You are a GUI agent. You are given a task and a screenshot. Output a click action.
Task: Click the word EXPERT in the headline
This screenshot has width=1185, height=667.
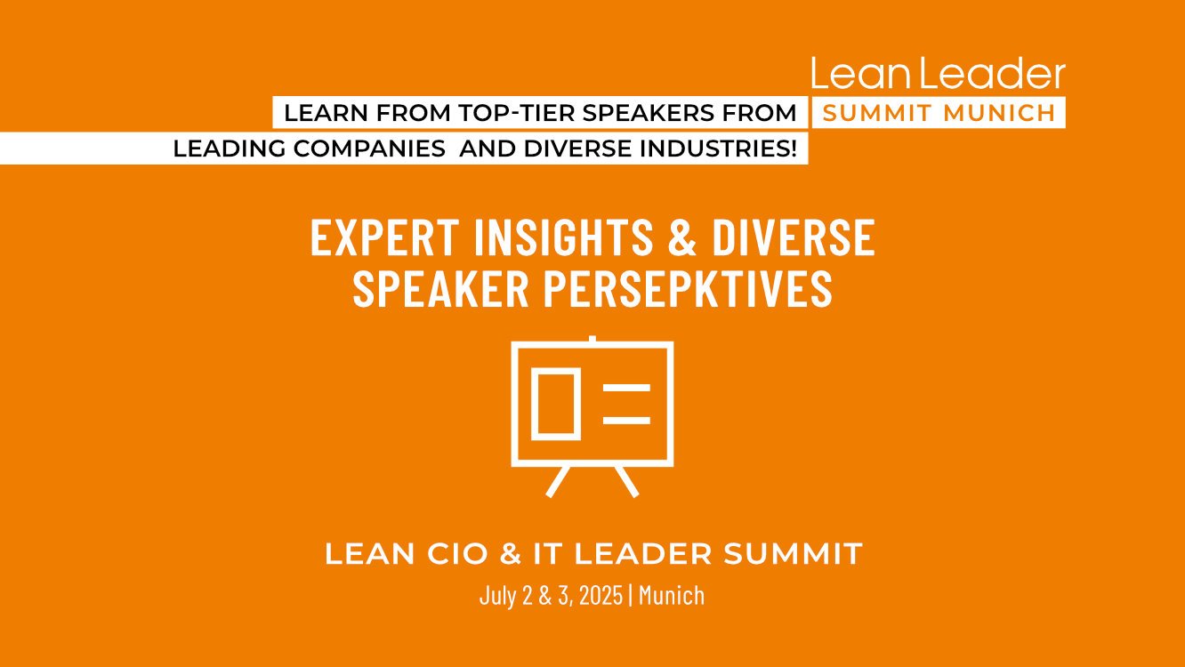pos(384,237)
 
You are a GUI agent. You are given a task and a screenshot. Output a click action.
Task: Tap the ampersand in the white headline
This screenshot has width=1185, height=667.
pos(681,237)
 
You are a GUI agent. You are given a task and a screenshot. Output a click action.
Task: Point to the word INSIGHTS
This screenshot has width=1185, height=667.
pos(563,237)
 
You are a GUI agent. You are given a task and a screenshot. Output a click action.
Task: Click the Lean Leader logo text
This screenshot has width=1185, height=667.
pos(939,74)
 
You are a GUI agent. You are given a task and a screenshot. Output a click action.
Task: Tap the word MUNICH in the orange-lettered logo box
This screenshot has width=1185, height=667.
pos(999,113)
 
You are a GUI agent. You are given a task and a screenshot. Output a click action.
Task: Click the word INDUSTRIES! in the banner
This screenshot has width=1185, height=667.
pos(718,149)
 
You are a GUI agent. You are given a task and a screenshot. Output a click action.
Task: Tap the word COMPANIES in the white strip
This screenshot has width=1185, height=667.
pos(369,149)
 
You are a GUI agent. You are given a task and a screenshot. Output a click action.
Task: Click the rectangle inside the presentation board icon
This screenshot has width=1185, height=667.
pos(556,404)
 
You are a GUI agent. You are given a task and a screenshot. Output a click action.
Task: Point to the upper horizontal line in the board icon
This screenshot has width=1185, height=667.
pos(626,388)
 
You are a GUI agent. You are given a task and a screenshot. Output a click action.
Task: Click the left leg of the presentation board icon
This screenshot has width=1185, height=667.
pos(558,481)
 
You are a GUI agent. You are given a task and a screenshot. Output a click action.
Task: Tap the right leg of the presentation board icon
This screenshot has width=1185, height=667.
pos(626,481)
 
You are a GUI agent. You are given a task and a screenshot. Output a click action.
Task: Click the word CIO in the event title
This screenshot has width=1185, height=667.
pos(457,554)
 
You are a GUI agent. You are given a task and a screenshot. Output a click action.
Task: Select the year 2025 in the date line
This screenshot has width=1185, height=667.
pos(601,596)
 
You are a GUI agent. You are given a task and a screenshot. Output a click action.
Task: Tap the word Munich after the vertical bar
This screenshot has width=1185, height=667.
pos(672,596)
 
